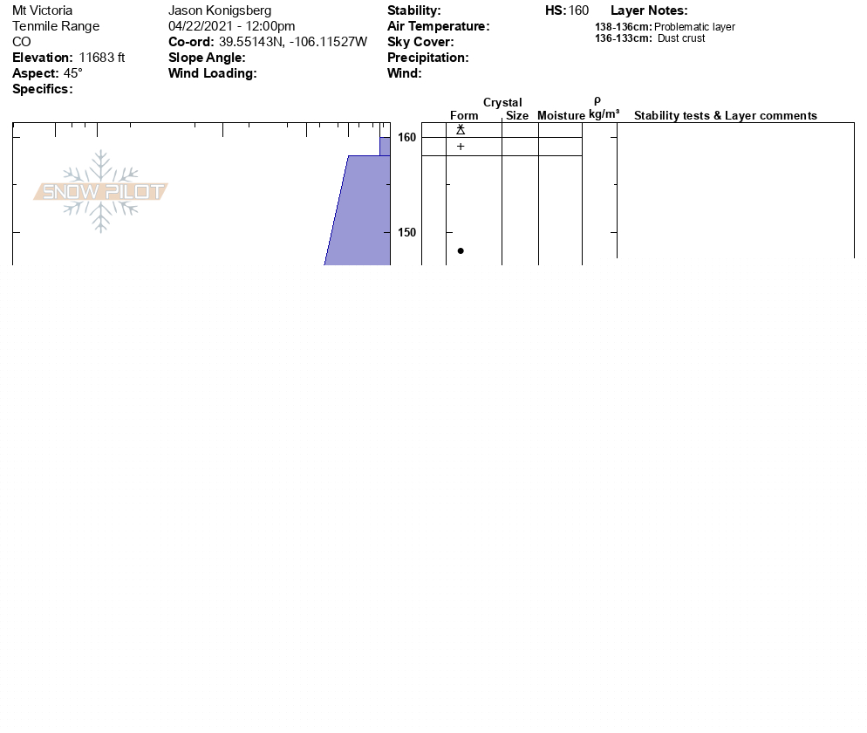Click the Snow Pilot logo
[x=100, y=191]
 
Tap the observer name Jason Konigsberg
[x=220, y=10]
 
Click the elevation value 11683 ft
[x=102, y=58]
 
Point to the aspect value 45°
[x=73, y=73]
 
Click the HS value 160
[x=578, y=10]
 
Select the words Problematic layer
[x=694, y=27]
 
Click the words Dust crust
[x=681, y=38]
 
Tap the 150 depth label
[x=406, y=232]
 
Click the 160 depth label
[x=406, y=137]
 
